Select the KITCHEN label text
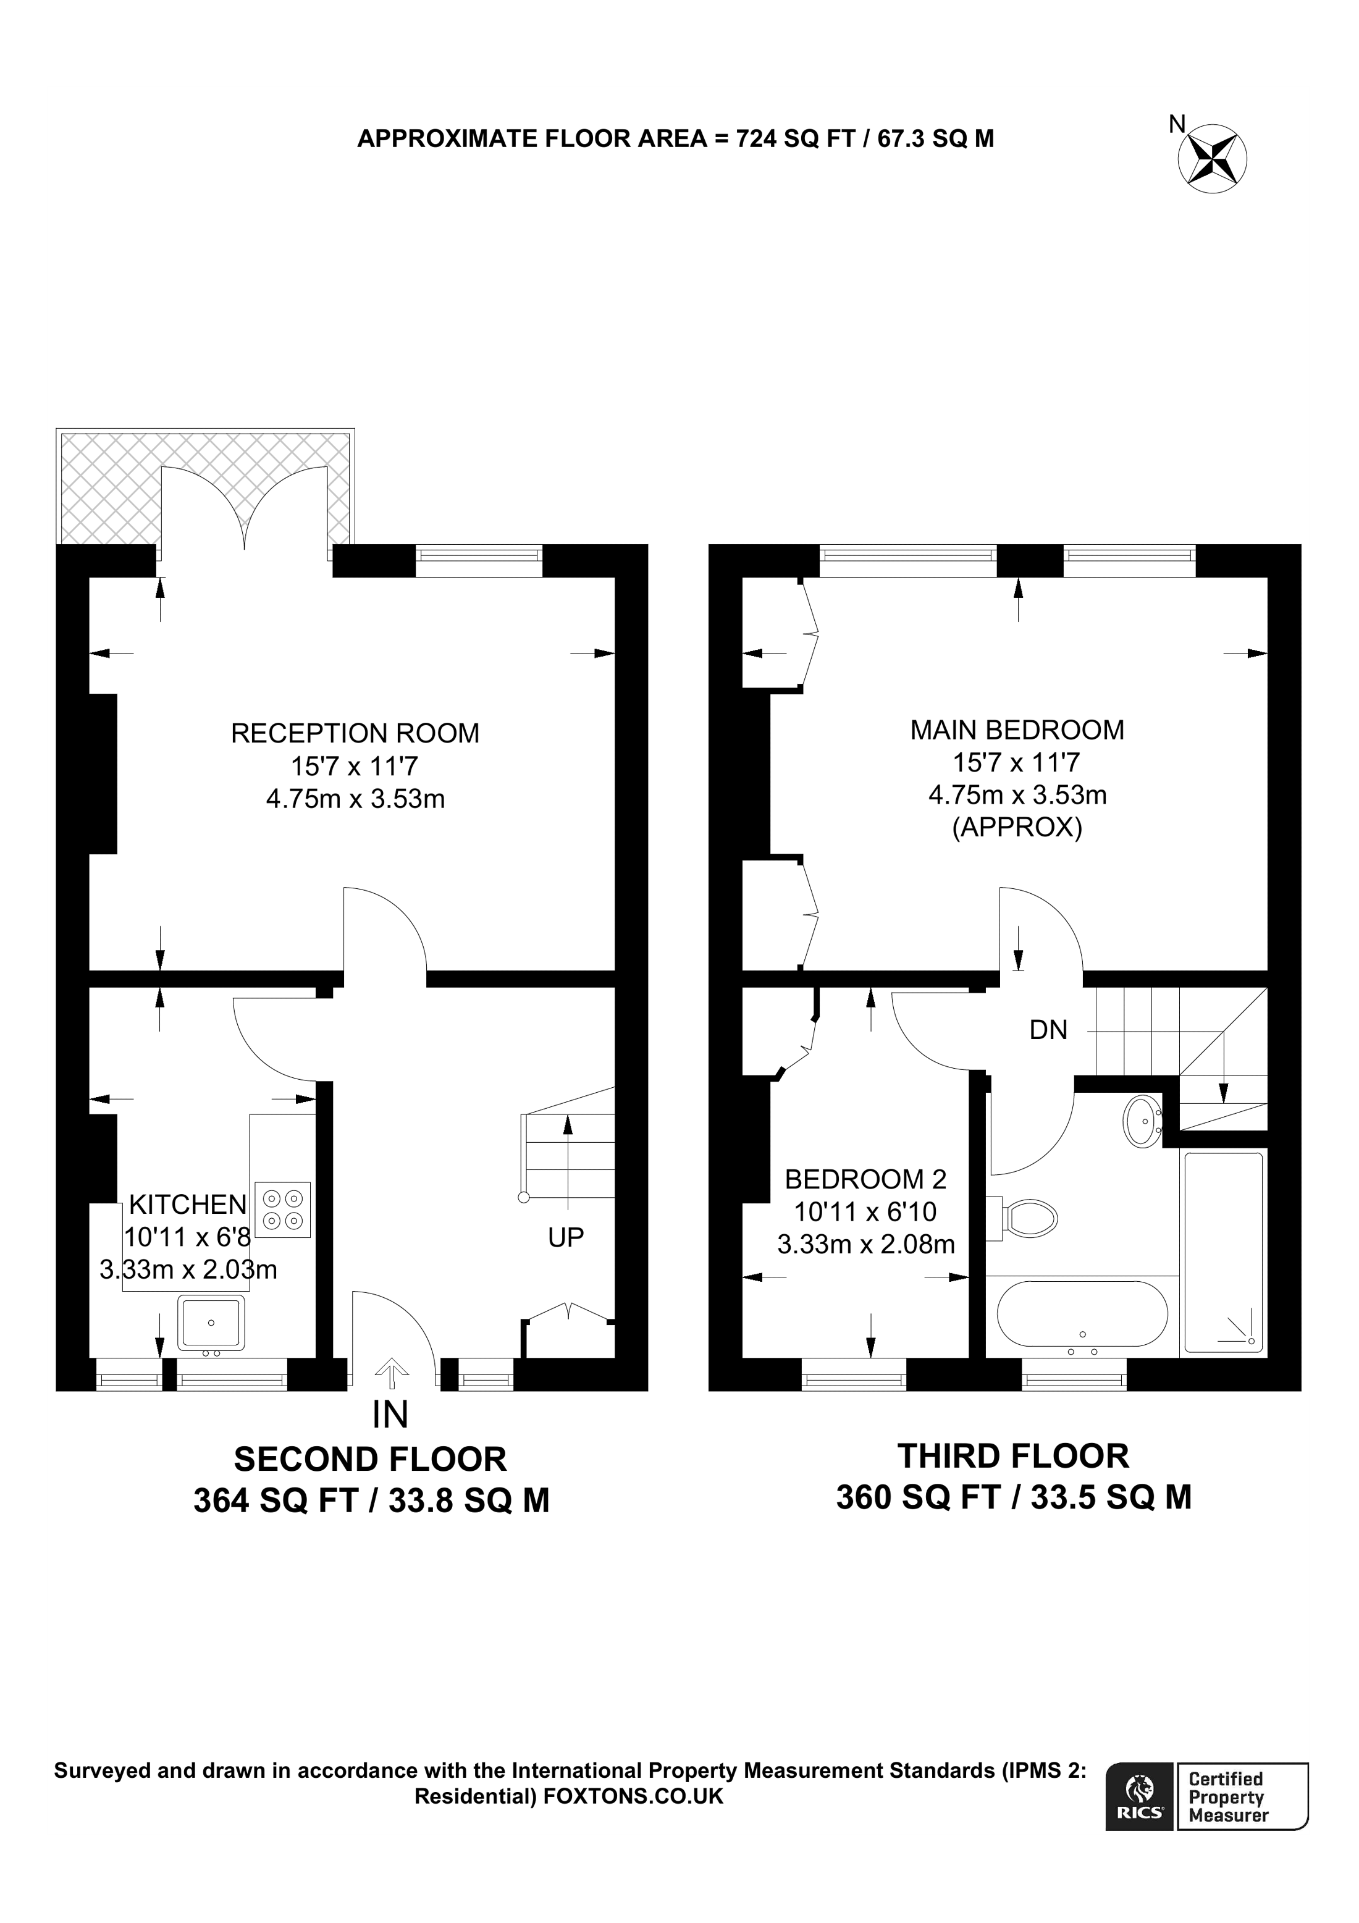pos(188,1205)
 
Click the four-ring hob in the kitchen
pos(282,1210)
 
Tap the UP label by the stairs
pos(565,1237)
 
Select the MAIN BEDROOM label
pos(1017,730)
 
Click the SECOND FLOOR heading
pos(370,1459)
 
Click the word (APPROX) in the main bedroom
pos(1017,828)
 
